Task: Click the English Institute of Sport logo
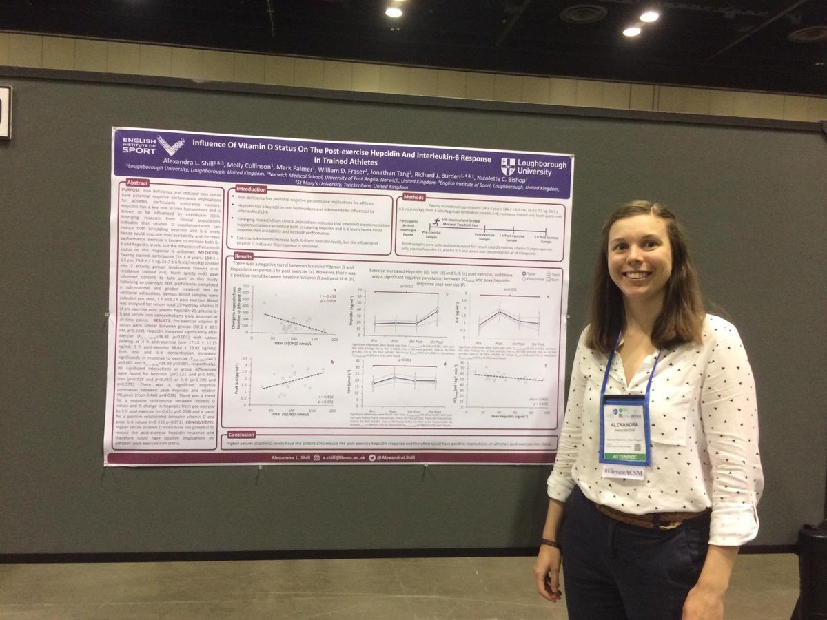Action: tap(153, 145)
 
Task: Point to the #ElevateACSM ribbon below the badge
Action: tap(624, 472)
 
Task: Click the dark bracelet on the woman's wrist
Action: tap(551, 544)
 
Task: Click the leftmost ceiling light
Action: tap(394, 12)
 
